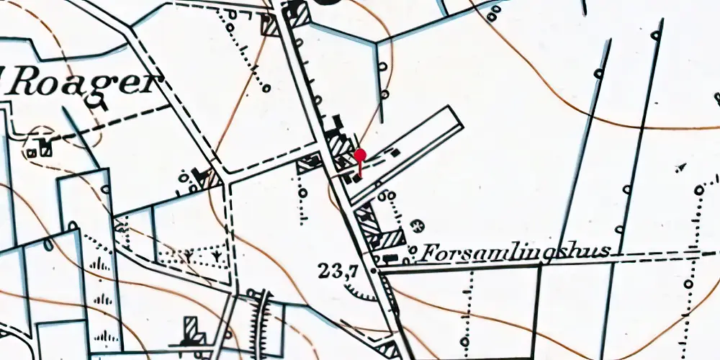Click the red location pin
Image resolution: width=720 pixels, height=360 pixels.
tap(360, 156)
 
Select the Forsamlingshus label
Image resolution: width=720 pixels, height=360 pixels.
tap(516, 252)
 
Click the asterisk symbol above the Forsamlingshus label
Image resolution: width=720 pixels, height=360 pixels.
tap(416, 226)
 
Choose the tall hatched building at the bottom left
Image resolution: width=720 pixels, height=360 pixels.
tap(192, 330)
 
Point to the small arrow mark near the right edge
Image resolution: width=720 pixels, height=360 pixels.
tap(680, 168)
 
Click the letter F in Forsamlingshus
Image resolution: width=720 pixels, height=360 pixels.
tap(428, 253)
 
